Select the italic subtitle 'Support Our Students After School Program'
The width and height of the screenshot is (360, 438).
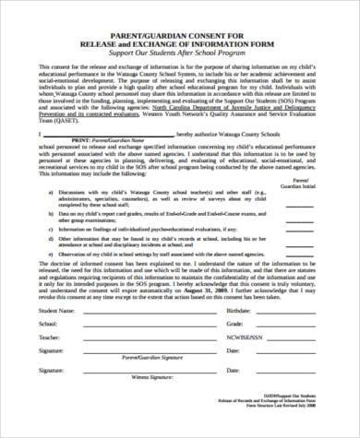(x=180, y=54)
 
